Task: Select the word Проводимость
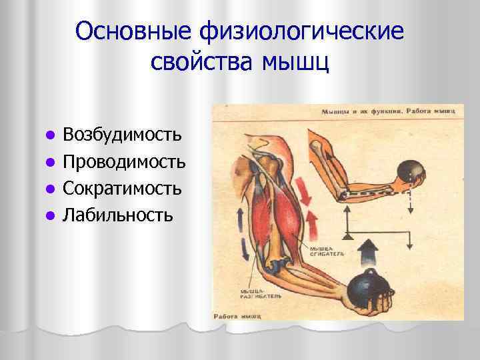[124, 161]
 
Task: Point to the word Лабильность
[117, 215]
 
